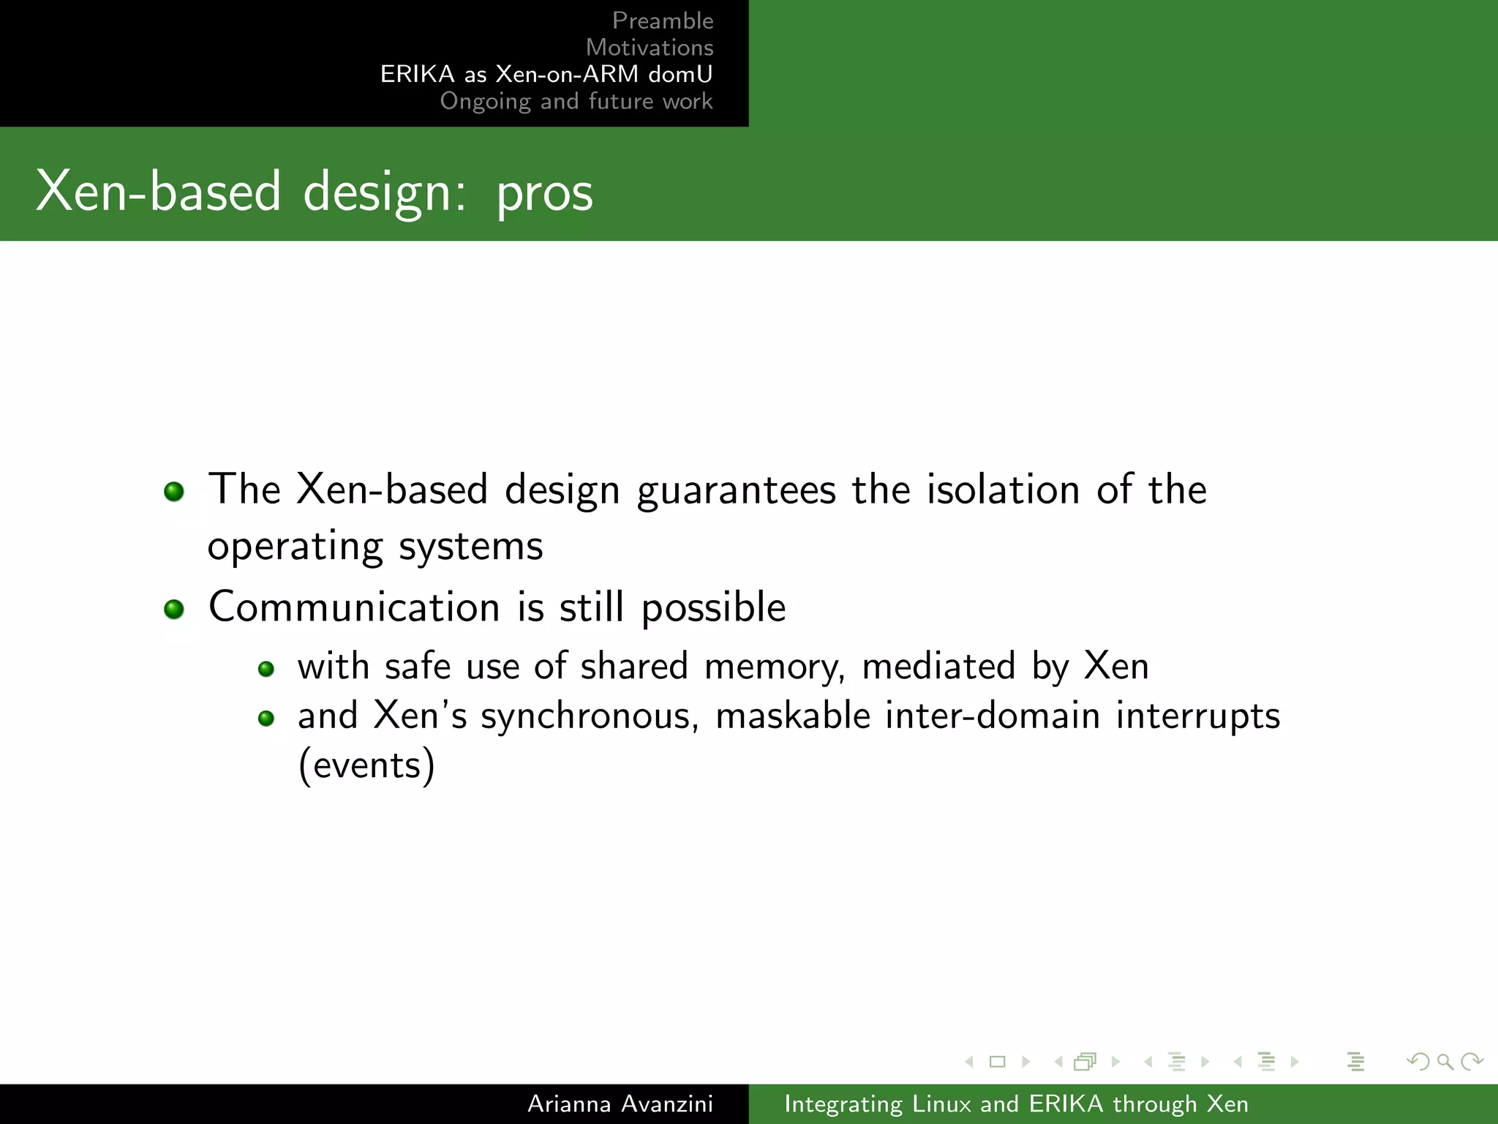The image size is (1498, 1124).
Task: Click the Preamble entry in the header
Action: coord(662,20)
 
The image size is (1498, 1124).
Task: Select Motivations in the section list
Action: coord(649,48)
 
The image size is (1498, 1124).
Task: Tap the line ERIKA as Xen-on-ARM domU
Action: coord(546,74)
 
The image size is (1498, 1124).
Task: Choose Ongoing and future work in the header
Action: coord(576,101)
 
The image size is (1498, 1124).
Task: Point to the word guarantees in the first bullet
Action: coord(736,490)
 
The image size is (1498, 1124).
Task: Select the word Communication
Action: coord(354,607)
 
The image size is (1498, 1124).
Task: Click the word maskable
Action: coord(793,715)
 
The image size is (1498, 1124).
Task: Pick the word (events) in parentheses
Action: coord(366,765)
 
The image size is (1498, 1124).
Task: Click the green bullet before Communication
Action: coord(174,609)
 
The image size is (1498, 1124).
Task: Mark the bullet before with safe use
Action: coord(266,669)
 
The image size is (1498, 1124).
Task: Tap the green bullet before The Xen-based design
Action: coord(174,491)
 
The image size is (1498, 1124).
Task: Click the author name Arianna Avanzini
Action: coord(620,1104)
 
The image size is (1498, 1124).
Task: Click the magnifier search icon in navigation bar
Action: coord(1445,1061)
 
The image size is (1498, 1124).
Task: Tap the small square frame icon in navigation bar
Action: coord(997,1061)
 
